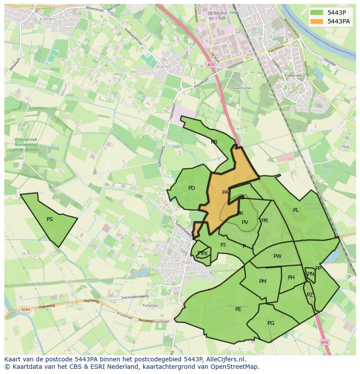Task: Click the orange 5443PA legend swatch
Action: click(x=317, y=21)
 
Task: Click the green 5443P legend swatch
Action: click(x=317, y=13)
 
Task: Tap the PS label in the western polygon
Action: click(x=50, y=219)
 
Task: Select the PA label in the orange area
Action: click(x=225, y=192)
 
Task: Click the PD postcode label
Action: click(x=192, y=188)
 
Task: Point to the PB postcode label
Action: click(x=214, y=142)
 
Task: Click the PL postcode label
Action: click(x=296, y=210)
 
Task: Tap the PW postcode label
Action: click(x=277, y=256)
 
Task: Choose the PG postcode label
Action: click(x=271, y=323)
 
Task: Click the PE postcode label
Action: click(x=238, y=309)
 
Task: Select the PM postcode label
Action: click(x=263, y=281)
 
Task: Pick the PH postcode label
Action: click(x=291, y=278)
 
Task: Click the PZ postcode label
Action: click(x=310, y=295)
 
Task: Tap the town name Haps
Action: click(x=187, y=262)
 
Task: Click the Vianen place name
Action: click(x=163, y=66)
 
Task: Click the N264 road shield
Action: click(x=25, y=309)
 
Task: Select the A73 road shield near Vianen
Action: click(x=210, y=65)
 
